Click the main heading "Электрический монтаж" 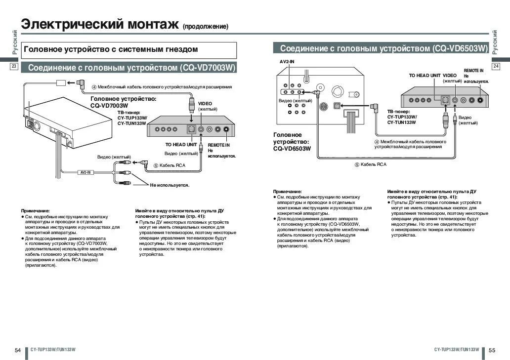click(99, 24)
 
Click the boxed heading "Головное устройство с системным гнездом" click(111, 49)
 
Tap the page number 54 click(18, 350)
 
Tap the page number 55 click(492, 350)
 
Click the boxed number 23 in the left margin click(14, 66)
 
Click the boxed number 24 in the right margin click(496, 66)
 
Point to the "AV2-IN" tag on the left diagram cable click(85, 173)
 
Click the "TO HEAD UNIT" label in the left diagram click(181, 145)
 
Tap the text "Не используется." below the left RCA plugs click(170, 185)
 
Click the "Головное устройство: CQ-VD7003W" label click(123, 102)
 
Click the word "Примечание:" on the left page click(35, 210)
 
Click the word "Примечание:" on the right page click(287, 191)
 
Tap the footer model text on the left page click(52, 350)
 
